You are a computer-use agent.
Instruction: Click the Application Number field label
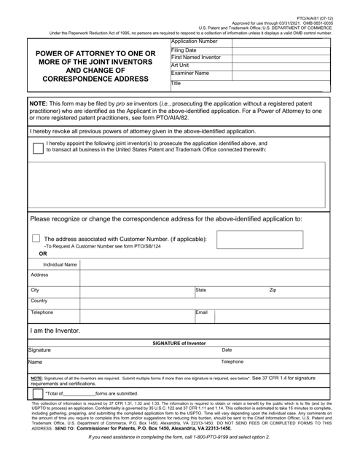pos(196,42)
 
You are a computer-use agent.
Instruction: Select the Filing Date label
pos(184,50)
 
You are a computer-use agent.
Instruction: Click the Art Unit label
pos(180,66)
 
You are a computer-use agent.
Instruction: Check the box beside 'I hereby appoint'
pos(37,148)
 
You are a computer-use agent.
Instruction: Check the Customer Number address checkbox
pos(36,239)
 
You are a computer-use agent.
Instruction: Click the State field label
pos(201,289)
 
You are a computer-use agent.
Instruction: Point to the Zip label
pos(273,289)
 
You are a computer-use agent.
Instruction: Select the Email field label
pos(202,312)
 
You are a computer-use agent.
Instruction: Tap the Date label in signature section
pos(227,350)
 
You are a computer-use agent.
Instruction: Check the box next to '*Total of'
pos(37,393)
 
